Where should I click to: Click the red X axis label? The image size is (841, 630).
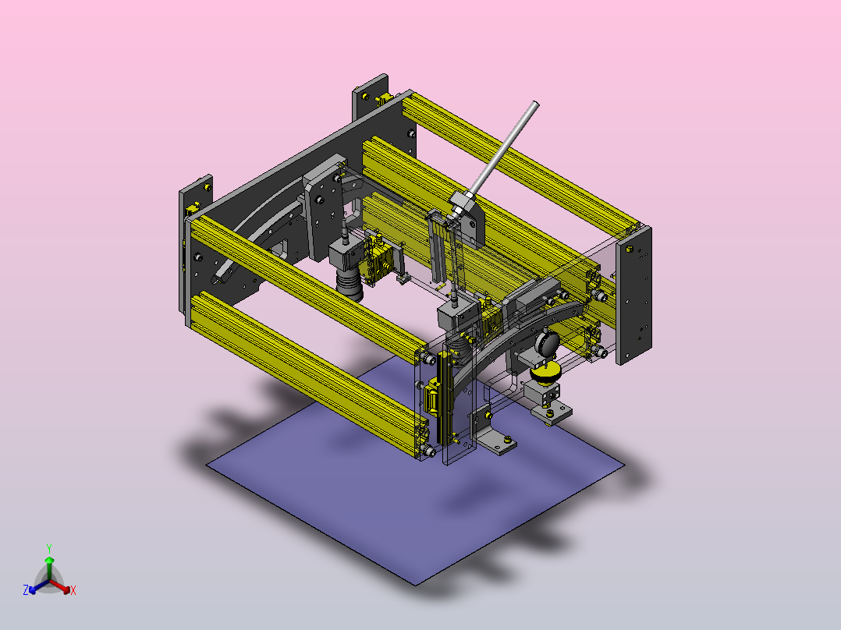click(x=73, y=590)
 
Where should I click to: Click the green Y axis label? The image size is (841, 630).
click(x=49, y=549)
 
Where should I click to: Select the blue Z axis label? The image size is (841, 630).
click(x=26, y=590)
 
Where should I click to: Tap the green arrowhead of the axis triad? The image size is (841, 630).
click(x=49, y=560)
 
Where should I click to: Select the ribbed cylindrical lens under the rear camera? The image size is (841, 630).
click(x=350, y=285)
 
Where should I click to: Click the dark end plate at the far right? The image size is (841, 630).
click(x=633, y=296)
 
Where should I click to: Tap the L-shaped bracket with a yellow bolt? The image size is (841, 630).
click(x=493, y=432)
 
